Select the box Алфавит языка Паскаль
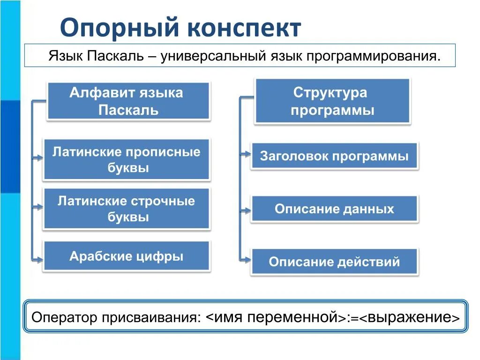(127, 101)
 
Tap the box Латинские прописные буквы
(126, 159)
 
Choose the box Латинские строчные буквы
(126, 209)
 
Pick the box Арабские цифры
(126, 256)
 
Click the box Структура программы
(332, 101)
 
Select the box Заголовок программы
(334, 156)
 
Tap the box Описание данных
(334, 209)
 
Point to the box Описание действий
(334, 261)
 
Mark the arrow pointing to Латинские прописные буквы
(38, 158)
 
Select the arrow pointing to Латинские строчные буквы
(38, 206)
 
